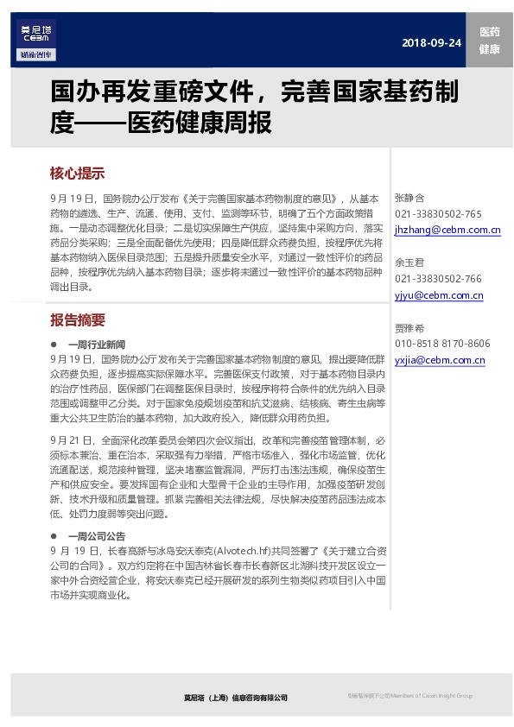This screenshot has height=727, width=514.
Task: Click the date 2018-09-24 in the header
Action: (431, 44)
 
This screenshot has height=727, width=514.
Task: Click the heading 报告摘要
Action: (78, 320)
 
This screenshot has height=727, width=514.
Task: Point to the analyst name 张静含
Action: (409, 198)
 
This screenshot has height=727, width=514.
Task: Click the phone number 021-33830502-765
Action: (438, 214)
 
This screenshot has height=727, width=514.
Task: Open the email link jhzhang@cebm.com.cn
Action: (447, 231)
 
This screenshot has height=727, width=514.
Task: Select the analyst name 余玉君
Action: (409, 262)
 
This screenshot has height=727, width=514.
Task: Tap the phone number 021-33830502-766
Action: (438, 279)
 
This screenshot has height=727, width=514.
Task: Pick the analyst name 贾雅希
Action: (409, 328)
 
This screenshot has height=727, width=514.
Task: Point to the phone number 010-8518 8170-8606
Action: (442, 344)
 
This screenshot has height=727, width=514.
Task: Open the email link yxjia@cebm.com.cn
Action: (440, 360)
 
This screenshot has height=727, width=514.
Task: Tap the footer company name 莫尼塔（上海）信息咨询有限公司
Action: (235, 698)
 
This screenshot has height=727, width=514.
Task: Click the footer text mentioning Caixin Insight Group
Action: (410, 696)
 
